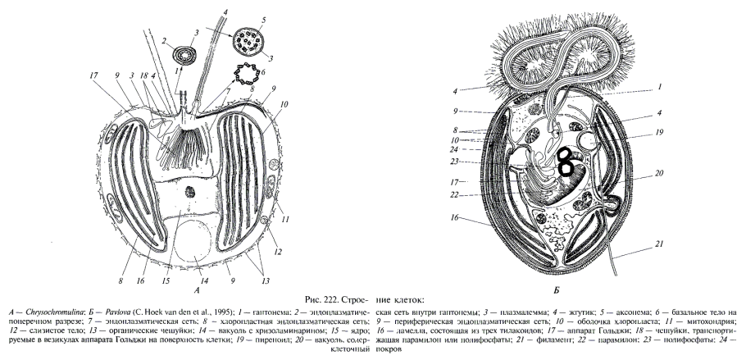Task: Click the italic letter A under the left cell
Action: coord(197,289)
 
